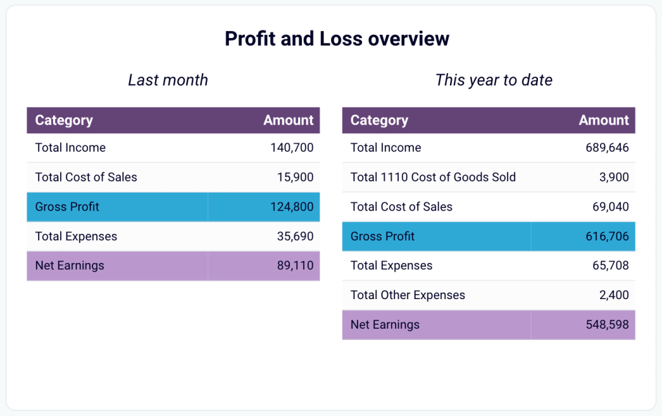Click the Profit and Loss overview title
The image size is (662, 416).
coord(337,39)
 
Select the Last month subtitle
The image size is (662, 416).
coord(168,80)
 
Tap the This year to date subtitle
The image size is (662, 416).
coord(494,80)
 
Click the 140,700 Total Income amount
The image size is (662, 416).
coord(292,148)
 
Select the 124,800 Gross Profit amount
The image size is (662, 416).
coord(292,207)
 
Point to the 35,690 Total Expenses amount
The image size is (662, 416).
coord(295,236)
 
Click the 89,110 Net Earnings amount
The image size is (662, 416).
coord(295,265)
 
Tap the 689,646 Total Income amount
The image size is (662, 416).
coord(607,148)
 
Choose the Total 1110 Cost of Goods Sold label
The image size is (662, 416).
coord(433,177)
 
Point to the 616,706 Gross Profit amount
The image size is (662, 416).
coord(607,236)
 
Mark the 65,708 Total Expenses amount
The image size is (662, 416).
coord(610,265)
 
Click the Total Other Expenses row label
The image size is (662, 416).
coord(408,295)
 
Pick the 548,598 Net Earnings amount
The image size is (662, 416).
coord(607,325)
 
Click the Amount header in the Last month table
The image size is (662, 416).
coord(288,120)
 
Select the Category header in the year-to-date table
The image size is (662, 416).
coord(379,120)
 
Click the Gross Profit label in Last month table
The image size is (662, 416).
coord(67,207)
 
